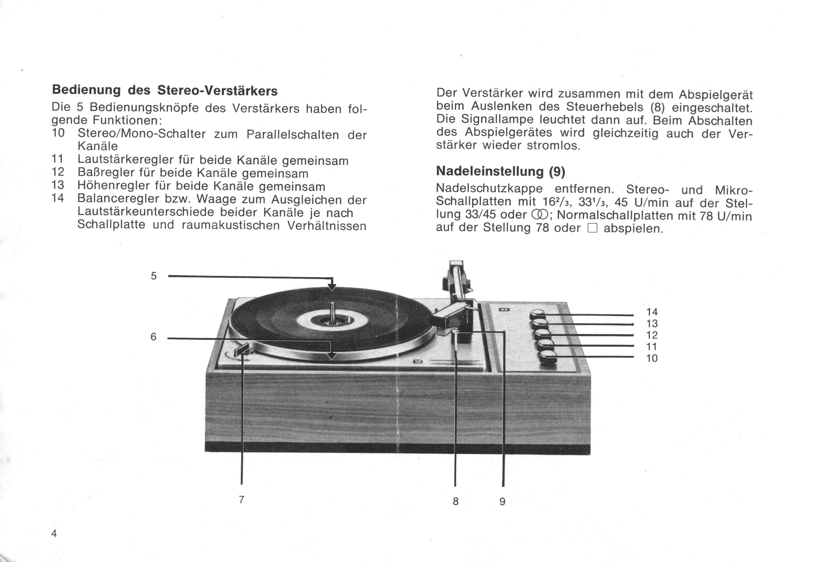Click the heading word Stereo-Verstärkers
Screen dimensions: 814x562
(217, 91)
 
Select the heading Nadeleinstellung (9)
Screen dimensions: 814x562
(500, 171)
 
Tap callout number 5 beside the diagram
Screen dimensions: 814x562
(154, 276)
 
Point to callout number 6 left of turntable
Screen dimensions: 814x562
(153, 337)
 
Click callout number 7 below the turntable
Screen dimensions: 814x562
(242, 499)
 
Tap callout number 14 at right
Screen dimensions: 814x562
(652, 312)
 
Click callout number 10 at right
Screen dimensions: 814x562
(652, 358)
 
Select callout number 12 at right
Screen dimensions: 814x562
(652, 335)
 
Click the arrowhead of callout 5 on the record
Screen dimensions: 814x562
(331, 287)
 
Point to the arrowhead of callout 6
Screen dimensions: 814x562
(331, 356)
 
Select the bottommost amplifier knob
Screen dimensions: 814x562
(547, 358)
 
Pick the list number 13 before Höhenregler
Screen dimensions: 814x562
(58, 185)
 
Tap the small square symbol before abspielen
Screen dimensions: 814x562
(592, 229)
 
